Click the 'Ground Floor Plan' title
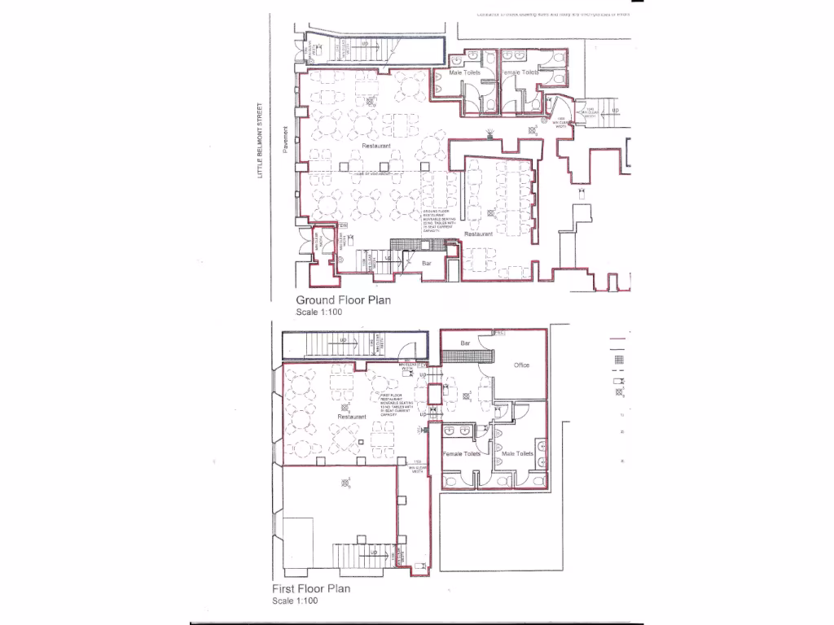tap(343, 299)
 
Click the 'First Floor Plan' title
tap(311, 588)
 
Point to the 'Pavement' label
tap(286, 138)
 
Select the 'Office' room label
tap(521, 365)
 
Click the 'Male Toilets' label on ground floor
tap(465, 72)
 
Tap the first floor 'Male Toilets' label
tap(517, 453)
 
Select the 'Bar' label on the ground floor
tap(426, 264)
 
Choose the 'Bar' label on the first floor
tap(466, 343)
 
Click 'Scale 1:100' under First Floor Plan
tap(295, 601)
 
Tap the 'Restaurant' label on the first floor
tap(352, 417)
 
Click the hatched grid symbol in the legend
tap(618, 359)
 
